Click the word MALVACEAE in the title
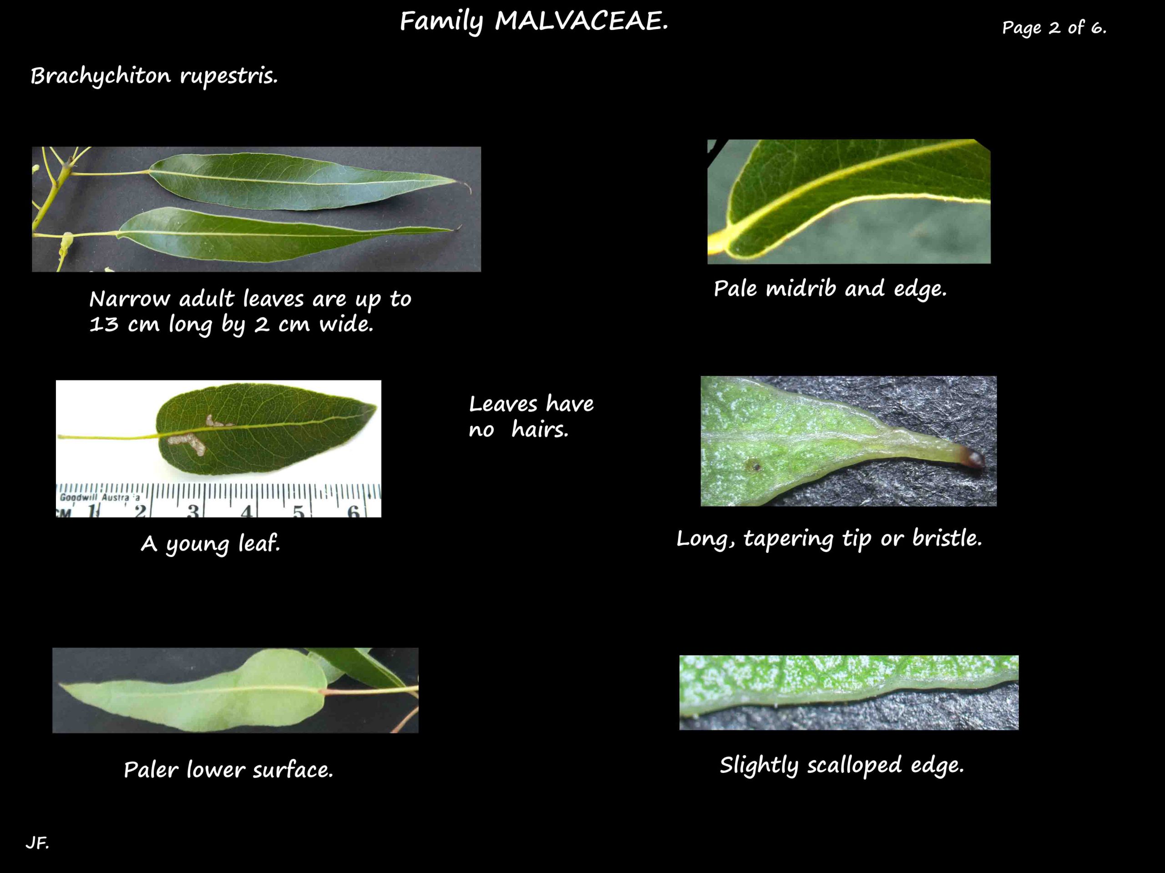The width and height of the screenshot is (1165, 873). [x=582, y=21]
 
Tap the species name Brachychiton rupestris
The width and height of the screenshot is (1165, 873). [x=154, y=76]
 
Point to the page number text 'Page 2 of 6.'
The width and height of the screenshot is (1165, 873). [x=1054, y=27]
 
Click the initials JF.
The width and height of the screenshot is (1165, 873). [x=37, y=843]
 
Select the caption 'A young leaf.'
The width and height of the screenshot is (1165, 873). [x=211, y=543]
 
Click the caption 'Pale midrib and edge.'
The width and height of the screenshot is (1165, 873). [x=830, y=288]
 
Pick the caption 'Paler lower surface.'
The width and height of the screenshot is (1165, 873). [x=228, y=770]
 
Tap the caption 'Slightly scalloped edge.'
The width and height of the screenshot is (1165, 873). [x=841, y=765]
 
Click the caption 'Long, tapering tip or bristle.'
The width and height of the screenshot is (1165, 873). [x=829, y=539]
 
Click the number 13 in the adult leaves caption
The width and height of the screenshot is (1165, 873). [x=104, y=324]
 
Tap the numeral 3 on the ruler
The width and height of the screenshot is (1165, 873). [x=193, y=511]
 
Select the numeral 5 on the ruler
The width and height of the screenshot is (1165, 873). [x=299, y=511]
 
